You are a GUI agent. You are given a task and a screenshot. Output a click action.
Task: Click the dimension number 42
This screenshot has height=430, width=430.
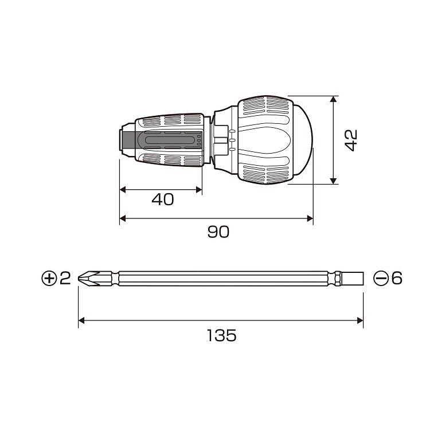[351, 140]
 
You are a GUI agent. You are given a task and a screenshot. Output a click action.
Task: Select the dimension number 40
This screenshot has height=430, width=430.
[163, 200]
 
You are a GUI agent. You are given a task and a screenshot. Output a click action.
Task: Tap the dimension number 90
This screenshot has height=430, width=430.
[218, 232]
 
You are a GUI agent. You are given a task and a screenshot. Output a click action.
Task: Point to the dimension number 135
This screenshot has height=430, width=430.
[221, 335]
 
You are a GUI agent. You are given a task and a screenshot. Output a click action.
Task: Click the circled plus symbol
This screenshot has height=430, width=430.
[49, 278]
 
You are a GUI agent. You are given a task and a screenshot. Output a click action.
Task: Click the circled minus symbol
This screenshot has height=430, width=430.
[381, 278]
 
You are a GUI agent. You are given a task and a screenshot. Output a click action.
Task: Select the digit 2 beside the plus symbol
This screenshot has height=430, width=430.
[65, 278]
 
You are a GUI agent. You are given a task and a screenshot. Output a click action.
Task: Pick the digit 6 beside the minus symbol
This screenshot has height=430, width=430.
[397, 278]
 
